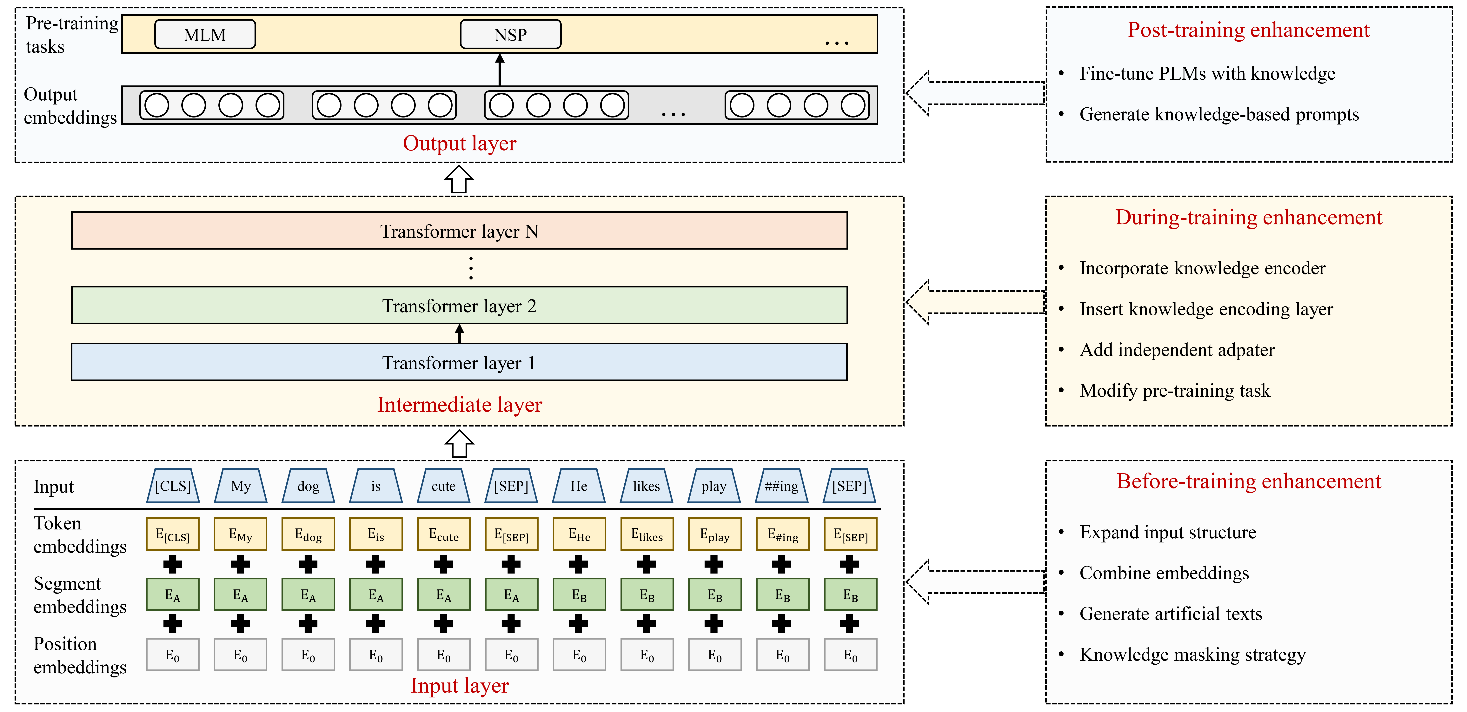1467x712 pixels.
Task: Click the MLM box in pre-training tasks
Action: point(205,35)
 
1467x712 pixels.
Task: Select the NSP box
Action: point(510,35)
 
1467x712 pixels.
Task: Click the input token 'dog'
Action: point(308,486)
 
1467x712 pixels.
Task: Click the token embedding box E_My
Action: point(240,534)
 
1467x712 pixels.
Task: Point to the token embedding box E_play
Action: point(714,534)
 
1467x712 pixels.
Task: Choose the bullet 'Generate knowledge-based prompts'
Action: point(1219,114)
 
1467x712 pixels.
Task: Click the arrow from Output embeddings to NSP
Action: point(500,70)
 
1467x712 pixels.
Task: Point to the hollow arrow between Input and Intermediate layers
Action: point(459,443)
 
